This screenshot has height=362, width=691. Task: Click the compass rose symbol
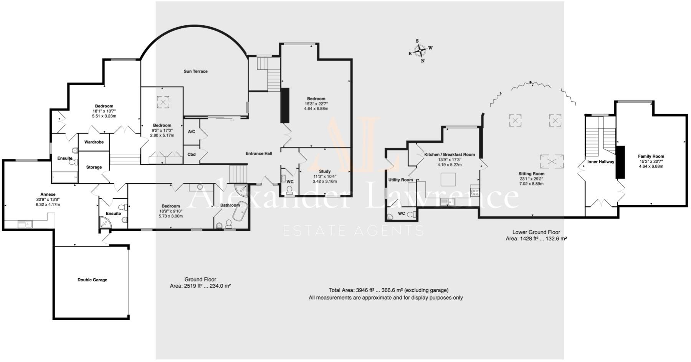[x=420, y=50]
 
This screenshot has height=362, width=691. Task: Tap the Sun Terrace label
[x=195, y=71]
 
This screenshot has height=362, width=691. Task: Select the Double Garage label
[x=92, y=280]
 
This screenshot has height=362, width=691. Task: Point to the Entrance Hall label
[x=259, y=153]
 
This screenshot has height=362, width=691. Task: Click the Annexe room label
[x=48, y=194]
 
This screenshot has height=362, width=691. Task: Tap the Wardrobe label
[x=94, y=142]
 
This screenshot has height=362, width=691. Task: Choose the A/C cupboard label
[x=191, y=132]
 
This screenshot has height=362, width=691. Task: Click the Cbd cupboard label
[x=191, y=155]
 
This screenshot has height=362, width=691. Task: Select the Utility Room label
[x=400, y=180]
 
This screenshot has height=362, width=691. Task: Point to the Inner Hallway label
[x=600, y=162]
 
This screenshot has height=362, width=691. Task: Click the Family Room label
[x=651, y=156]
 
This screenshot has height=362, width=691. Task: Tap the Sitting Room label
[x=532, y=174]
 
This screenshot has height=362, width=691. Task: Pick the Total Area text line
[x=388, y=290]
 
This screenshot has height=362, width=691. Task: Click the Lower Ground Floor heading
[x=536, y=232]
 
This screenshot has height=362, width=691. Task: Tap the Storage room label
[x=94, y=167]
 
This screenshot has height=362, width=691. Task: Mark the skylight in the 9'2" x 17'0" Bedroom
[x=163, y=102]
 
